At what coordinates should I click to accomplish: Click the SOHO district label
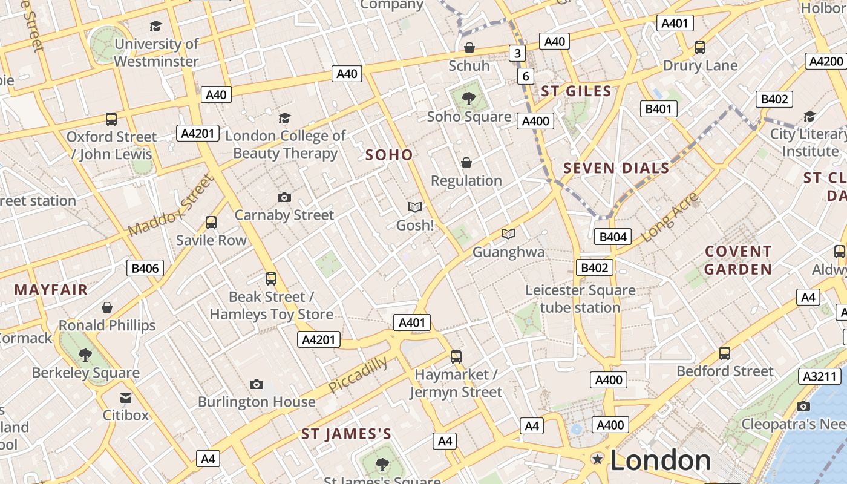coord(389,155)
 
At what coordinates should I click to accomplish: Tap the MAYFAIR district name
coord(51,290)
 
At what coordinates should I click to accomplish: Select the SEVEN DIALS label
coord(616,168)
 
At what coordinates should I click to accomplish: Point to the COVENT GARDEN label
coord(738,260)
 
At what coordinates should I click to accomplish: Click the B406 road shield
coord(145,268)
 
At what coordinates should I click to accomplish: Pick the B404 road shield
coord(613,237)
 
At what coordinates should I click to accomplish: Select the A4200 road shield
coord(826,61)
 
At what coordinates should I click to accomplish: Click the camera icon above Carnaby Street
coord(284,197)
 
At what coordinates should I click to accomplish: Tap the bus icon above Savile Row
coord(211,223)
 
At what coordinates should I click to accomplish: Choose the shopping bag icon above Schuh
coord(469,47)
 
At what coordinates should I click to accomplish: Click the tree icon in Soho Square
coord(468,97)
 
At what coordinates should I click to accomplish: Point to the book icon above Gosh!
coord(415,208)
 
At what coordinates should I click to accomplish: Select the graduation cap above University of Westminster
coord(156,26)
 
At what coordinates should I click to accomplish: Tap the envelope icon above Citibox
coord(125,397)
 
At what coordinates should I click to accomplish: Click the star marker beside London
coord(598,459)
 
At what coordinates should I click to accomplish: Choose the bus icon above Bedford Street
coord(725,353)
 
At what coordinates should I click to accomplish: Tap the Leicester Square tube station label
coord(580,299)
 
